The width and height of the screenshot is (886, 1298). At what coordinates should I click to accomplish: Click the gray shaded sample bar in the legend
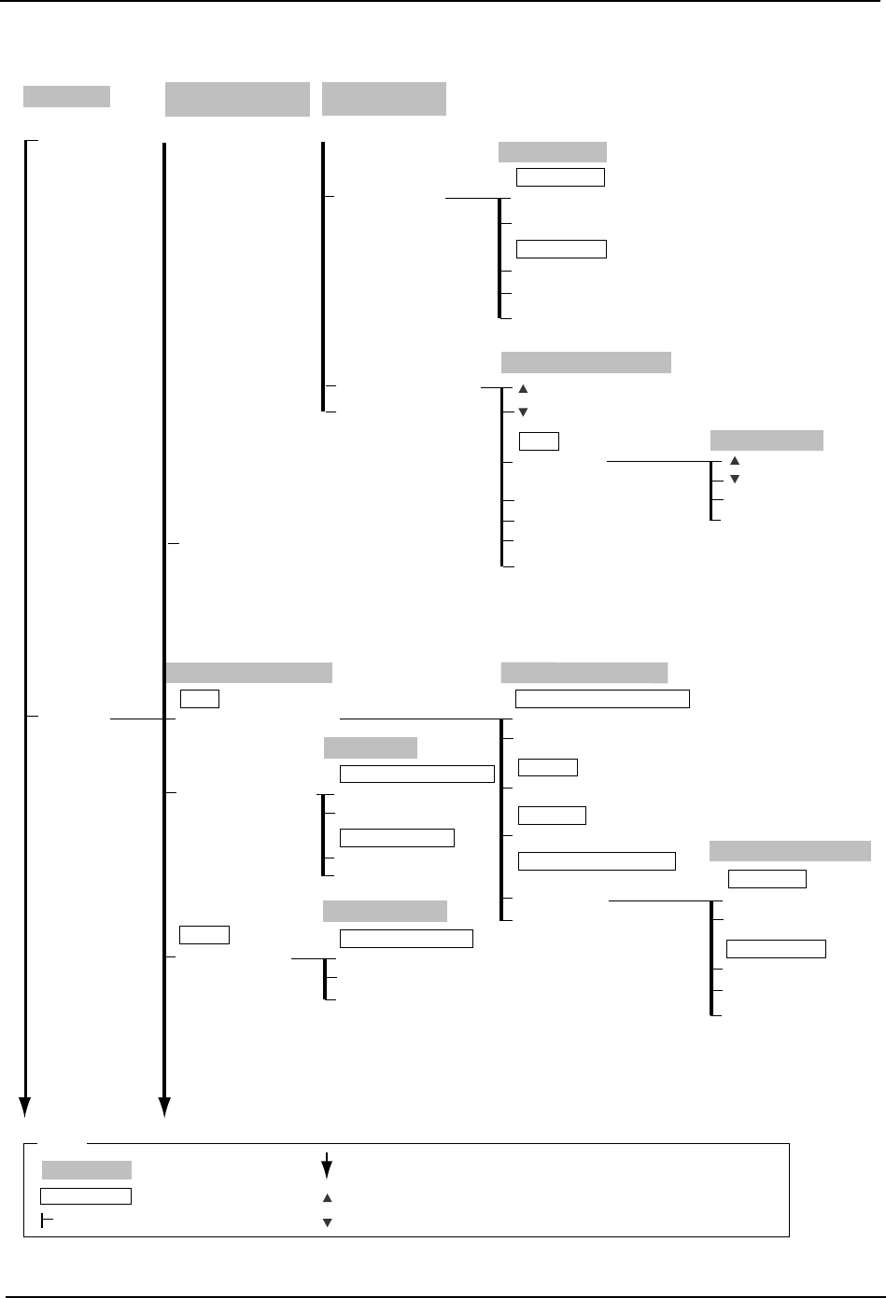87,1170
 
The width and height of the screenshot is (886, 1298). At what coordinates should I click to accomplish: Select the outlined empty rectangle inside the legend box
86,1196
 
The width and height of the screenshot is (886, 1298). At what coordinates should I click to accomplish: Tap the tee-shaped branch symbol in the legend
48,1222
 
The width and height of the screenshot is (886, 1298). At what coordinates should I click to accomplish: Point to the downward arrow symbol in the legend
327,1166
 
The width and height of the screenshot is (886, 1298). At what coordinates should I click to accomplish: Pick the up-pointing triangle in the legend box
327,1197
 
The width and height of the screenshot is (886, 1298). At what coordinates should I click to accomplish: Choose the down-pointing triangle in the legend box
327,1222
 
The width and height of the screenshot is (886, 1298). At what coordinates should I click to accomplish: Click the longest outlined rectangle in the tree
603,699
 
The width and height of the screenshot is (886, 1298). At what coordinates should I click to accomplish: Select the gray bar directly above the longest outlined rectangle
584,673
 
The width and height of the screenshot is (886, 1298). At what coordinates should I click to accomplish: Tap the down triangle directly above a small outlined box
523,412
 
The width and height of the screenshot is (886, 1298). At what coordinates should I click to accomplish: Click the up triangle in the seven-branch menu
523,388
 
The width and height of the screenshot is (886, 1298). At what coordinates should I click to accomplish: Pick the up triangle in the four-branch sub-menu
733,461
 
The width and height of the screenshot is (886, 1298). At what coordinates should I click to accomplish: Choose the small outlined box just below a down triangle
539,441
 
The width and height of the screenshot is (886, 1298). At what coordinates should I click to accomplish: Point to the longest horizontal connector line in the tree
419,719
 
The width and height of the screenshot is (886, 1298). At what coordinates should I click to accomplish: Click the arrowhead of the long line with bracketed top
26,1107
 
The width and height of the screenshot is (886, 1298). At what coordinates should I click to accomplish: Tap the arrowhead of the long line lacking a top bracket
164,1107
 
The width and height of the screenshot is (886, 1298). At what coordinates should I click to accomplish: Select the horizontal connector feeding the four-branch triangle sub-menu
658,461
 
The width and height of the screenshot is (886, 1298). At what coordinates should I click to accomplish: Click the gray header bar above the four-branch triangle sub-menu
766,440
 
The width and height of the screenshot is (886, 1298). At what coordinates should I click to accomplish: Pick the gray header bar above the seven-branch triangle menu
586,362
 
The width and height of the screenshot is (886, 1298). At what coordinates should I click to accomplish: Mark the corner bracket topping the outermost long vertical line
31,142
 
